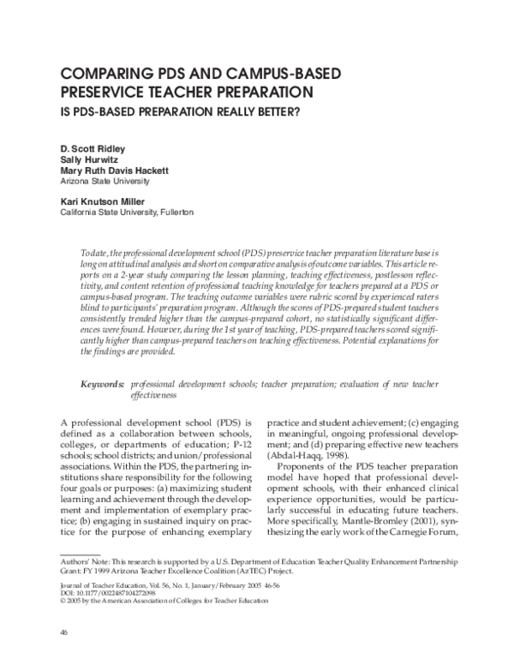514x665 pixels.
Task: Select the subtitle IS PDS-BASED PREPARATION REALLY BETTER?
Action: [183, 111]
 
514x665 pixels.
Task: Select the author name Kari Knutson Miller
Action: [101, 201]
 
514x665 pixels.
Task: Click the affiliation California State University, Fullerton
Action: [127, 212]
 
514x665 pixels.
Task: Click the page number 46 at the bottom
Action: [63, 632]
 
